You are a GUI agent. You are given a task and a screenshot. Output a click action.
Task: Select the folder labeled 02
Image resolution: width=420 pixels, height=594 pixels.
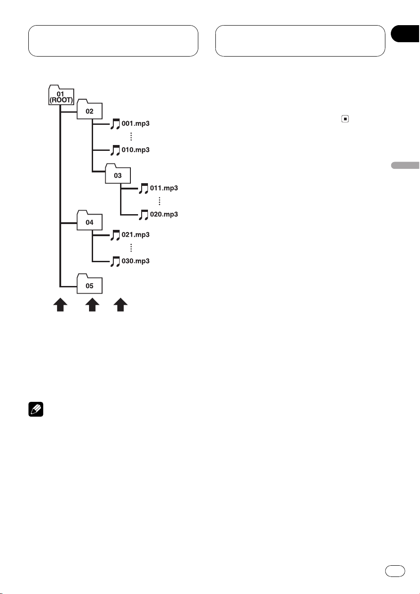[x=89, y=109]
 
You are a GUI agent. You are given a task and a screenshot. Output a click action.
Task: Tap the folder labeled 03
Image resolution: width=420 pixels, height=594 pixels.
[x=118, y=174]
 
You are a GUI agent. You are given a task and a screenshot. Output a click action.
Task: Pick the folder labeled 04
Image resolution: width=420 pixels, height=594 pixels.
[x=89, y=220]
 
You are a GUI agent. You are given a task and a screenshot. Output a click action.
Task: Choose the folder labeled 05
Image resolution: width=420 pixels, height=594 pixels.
[x=89, y=284]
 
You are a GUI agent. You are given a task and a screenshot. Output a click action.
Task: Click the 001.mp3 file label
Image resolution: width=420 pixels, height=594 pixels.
[x=135, y=123]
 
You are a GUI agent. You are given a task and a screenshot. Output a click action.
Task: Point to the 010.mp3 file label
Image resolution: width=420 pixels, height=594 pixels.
[x=135, y=150]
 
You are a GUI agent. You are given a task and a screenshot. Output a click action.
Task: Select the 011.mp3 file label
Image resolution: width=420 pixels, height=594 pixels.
[x=164, y=188]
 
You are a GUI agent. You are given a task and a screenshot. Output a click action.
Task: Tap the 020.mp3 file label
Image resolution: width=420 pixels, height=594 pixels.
[x=164, y=214]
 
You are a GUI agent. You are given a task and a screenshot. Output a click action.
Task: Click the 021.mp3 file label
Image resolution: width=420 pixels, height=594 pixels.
[x=135, y=235]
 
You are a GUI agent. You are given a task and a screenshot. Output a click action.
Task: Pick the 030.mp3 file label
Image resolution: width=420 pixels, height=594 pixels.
[x=135, y=261]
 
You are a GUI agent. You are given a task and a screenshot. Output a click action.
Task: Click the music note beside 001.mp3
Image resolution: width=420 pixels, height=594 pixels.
[x=115, y=124]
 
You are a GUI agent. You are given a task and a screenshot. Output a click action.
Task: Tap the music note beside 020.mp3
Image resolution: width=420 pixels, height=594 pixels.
[x=143, y=215]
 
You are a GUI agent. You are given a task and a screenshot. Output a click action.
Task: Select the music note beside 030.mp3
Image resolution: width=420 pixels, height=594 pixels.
[x=115, y=261]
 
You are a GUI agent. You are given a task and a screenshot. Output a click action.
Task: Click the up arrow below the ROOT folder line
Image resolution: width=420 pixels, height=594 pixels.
[x=60, y=304]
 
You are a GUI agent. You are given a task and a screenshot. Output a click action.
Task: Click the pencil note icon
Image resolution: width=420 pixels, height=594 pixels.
[x=36, y=409]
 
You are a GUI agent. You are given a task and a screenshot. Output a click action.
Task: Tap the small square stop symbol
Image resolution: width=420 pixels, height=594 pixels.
[x=345, y=119]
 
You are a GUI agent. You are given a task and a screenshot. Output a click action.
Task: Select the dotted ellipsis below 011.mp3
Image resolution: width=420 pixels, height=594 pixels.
[x=159, y=201]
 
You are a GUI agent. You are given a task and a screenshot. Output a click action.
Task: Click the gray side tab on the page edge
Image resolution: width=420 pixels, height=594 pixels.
[x=406, y=165]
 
